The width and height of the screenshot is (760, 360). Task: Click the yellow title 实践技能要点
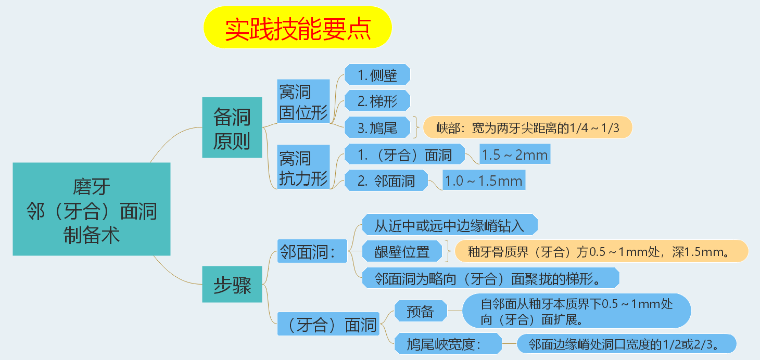[298, 28]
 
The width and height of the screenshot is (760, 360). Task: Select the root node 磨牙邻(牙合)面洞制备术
[92, 209]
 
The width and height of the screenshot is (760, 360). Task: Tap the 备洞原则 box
[232, 127]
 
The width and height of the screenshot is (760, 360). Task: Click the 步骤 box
[232, 285]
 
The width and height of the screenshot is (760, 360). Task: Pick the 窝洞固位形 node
[303, 101]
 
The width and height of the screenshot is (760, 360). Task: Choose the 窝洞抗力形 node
[303, 167]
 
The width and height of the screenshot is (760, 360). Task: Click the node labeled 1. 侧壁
[377, 75]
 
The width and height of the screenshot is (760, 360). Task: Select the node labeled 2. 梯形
[377, 101]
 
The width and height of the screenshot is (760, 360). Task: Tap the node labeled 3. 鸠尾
[377, 127]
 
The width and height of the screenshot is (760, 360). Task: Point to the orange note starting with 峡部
[528, 127]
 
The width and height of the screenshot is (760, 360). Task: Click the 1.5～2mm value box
[515, 154]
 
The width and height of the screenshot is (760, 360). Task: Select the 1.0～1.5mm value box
[484, 180]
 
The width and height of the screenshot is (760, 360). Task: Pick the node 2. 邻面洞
[386, 181]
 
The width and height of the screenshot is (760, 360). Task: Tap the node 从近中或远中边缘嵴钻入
[450, 224]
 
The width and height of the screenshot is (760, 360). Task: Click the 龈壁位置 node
[402, 251]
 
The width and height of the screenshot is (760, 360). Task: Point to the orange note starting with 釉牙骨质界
[601, 251]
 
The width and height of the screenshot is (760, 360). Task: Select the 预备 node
[421, 311]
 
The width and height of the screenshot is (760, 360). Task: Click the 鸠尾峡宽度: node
[448, 344]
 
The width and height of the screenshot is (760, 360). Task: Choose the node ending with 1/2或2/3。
[626, 344]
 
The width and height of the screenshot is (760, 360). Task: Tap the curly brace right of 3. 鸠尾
[416, 127]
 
